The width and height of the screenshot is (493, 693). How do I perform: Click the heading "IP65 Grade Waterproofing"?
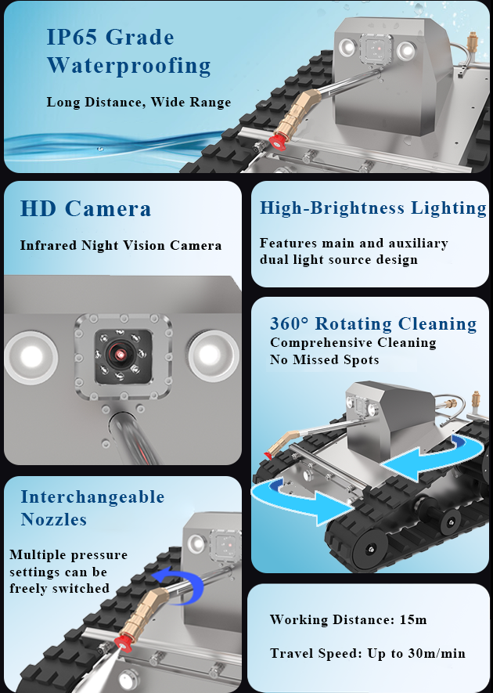pyautogui.click(x=128, y=50)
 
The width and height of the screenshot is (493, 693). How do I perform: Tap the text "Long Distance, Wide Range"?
pyautogui.click(x=139, y=102)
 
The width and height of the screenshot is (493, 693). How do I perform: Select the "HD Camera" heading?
pyautogui.click(x=85, y=209)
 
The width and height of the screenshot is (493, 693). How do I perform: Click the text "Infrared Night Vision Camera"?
pyautogui.click(x=121, y=246)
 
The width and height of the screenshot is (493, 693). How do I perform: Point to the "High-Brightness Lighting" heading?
pyautogui.click(x=372, y=208)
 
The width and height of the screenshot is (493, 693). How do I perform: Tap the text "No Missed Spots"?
pyautogui.click(x=324, y=360)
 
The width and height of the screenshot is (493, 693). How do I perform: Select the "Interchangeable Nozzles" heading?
pyautogui.click(x=92, y=508)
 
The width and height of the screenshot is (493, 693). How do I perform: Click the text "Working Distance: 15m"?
pyautogui.click(x=348, y=619)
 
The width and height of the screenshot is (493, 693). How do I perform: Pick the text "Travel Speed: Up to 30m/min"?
pyautogui.click(x=368, y=653)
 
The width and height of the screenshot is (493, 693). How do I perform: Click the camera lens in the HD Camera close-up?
pyautogui.click(x=121, y=355)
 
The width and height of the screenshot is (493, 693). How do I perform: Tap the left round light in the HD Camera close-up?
pyautogui.click(x=32, y=356)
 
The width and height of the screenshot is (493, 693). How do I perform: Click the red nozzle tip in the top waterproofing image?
pyautogui.click(x=275, y=141)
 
